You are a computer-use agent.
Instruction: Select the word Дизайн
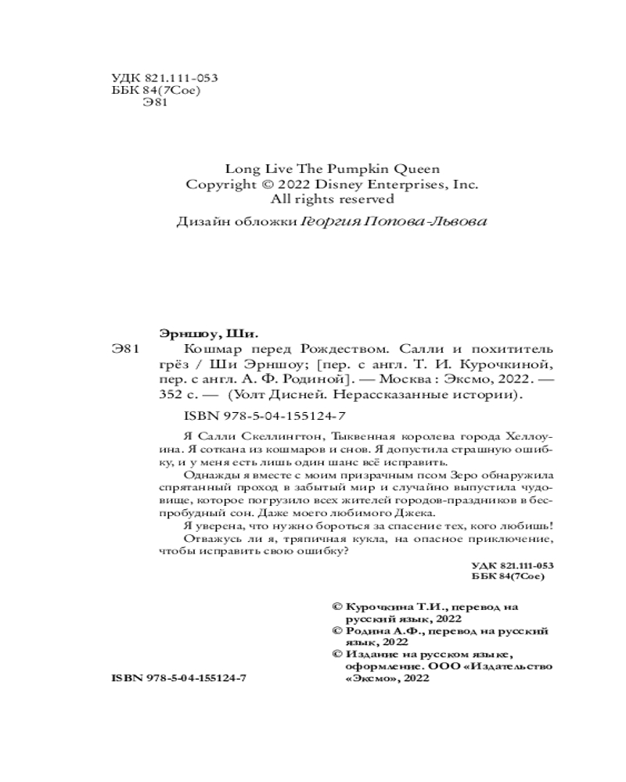pos(200,222)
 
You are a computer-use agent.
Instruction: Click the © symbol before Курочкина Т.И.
pos(338,606)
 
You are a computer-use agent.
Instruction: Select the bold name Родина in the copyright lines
pos(367,630)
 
